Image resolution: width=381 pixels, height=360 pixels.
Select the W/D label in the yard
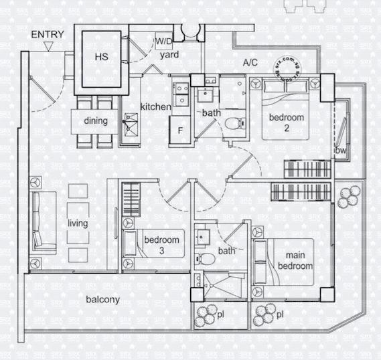(x=163, y=42)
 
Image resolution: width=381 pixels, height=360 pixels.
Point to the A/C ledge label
(x=250, y=62)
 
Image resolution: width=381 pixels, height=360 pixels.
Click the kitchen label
(x=155, y=107)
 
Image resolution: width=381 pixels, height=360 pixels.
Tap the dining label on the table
(x=95, y=121)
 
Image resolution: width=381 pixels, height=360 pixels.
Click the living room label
(x=78, y=223)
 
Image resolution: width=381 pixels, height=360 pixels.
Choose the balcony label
(x=102, y=300)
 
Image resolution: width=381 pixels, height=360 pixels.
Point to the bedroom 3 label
(x=161, y=245)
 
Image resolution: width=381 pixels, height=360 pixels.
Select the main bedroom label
(x=295, y=260)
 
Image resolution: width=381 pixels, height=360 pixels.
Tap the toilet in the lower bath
(x=207, y=259)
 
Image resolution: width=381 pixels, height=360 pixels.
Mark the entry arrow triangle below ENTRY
(x=48, y=46)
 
